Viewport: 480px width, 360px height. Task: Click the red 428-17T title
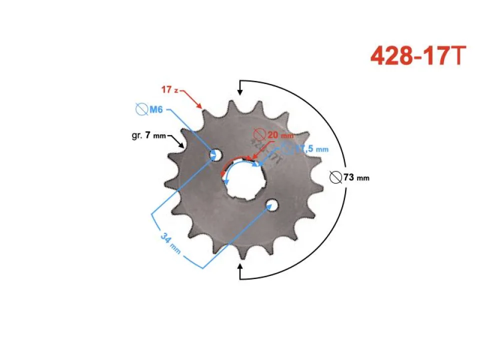coord(418,56)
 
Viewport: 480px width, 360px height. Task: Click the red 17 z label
coord(169,89)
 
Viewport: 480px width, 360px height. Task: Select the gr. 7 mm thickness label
coord(145,135)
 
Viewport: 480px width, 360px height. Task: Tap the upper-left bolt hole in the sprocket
coord(216,155)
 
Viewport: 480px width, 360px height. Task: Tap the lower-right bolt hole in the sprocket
coord(272,204)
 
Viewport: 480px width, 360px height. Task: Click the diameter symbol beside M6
coord(141,109)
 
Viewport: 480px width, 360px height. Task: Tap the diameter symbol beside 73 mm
coord(336,177)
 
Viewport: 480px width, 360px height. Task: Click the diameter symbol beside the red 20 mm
coord(259,134)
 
